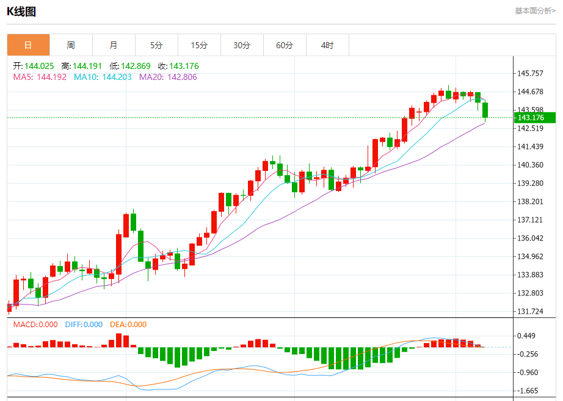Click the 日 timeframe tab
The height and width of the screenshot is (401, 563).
[x=28, y=45]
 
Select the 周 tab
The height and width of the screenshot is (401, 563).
[x=71, y=45]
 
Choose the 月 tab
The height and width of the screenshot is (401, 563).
[x=114, y=45]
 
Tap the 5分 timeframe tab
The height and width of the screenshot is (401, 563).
[x=156, y=45]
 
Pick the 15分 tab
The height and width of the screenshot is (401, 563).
[x=199, y=45]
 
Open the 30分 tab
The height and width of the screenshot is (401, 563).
[x=242, y=45]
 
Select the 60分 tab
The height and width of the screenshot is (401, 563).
[x=285, y=45]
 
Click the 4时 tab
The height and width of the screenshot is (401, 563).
[x=327, y=45]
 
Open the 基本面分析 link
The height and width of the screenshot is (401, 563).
[x=535, y=10]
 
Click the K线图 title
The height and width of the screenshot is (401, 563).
[x=21, y=11]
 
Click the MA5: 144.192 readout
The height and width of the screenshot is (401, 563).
[x=40, y=78]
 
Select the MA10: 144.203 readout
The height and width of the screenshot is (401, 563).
[x=103, y=78]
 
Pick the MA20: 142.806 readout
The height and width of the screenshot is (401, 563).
[x=168, y=78]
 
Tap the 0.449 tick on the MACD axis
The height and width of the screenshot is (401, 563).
[x=527, y=336]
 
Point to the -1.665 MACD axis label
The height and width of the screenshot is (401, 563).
[x=527, y=391]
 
